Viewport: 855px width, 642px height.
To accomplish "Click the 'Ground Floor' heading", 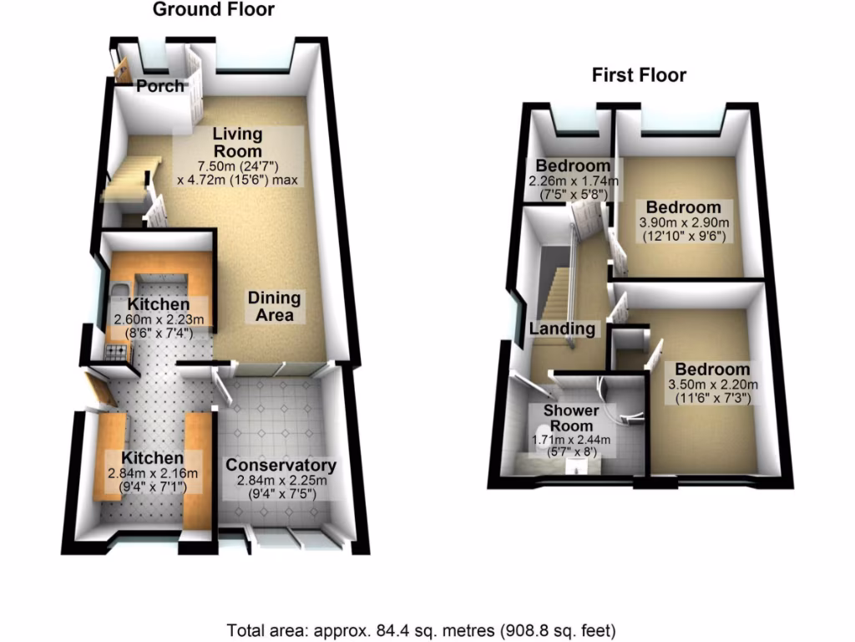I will coord(213,10).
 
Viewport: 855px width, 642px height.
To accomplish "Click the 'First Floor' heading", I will coord(639,75).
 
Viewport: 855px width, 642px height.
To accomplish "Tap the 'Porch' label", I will coord(160,86).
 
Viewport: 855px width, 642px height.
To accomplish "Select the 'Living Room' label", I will coord(237,141).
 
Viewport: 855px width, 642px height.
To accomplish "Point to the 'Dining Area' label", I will coord(275,307).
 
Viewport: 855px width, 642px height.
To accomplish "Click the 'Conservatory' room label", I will coord(281,466).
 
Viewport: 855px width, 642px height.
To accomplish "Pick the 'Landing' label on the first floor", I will coord(563,329).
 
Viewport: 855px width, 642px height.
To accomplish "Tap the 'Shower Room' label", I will coord(572,418).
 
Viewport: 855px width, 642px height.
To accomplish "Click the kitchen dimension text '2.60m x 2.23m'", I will coord(159,320).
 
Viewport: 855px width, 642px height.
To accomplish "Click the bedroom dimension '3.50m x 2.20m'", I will coord(712,385).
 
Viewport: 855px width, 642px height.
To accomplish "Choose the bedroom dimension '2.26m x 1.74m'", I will coord(573,181).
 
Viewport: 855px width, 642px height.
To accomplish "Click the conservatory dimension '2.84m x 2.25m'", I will coord(281,481).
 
